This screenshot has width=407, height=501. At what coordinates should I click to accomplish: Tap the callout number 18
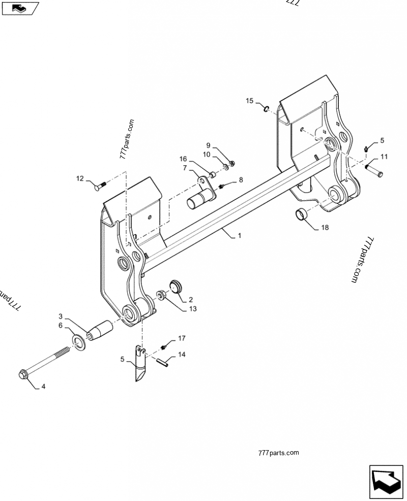[325, 227]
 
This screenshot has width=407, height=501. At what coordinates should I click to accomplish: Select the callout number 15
[249, 101]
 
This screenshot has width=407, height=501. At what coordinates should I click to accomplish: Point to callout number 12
[80, 178]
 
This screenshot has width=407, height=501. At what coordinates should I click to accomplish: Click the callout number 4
[43, 387]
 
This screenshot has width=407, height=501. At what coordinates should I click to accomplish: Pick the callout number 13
[179, 308]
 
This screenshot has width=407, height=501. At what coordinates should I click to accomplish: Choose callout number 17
[182, 338]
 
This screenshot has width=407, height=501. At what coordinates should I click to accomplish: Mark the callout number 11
[384, 157]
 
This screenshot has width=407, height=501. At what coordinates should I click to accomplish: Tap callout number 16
[183, 160]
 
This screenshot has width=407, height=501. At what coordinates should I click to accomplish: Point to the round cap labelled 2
[176, 286]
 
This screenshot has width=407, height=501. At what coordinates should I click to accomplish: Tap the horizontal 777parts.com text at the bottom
[278, 452]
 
